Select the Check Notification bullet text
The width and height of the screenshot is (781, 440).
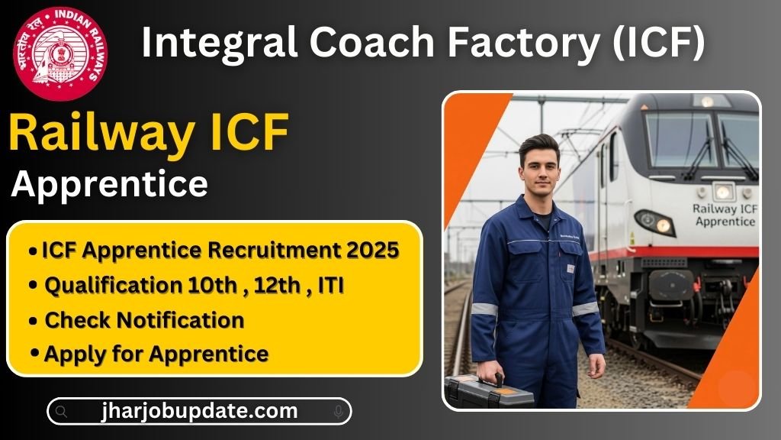coord(144,320)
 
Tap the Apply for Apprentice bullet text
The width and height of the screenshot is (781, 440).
coord(156,354)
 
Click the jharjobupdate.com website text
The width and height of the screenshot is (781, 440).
coord(199,411)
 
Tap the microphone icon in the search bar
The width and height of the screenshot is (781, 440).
coord(338,412)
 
